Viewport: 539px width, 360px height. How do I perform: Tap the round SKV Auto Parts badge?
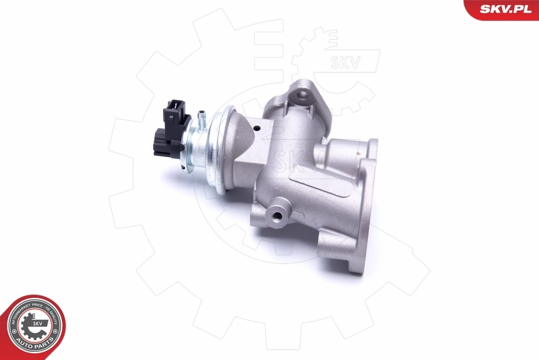(36, 328)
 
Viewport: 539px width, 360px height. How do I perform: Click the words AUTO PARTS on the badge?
(36, 348)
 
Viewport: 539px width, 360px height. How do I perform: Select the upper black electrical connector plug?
(177, 111)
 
